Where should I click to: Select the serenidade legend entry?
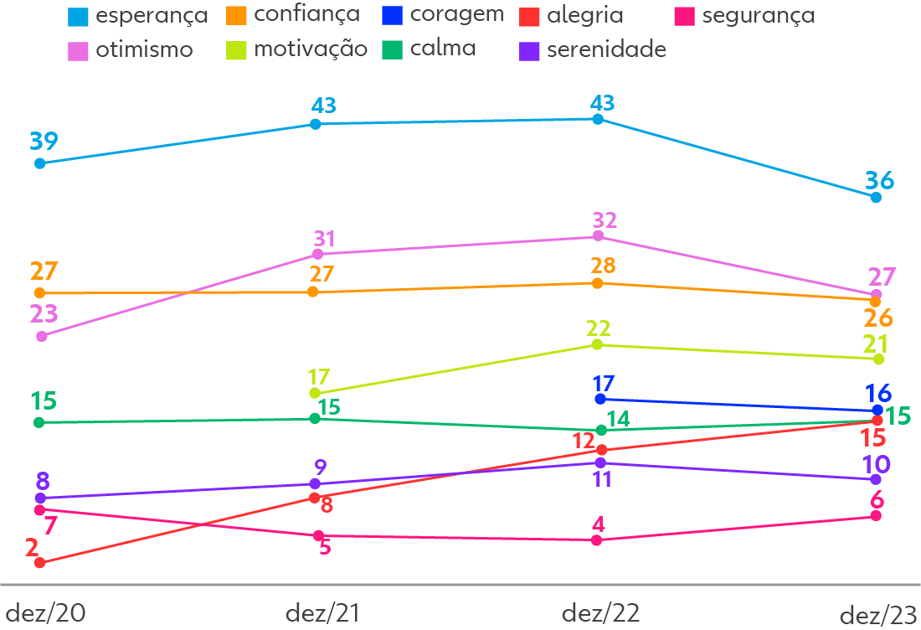(592, 50)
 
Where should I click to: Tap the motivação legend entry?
(297, 49)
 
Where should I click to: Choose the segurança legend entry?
(745, 16)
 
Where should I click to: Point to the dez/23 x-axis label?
(878, 615)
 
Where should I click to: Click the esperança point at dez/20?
(39, 163)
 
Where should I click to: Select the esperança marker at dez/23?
(876, 198)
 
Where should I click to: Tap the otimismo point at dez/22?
(599, 237)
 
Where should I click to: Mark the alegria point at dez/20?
(39, 563)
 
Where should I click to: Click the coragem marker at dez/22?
(599, 400)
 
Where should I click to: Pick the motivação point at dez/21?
(315, 393)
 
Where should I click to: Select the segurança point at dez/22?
(597, 540)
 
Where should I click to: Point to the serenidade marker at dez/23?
(876, 479)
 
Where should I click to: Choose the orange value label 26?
(878, 318)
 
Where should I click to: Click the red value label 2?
(32, 548)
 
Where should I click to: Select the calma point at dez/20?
(39, 422)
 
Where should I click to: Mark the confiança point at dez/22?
(597, 283)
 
